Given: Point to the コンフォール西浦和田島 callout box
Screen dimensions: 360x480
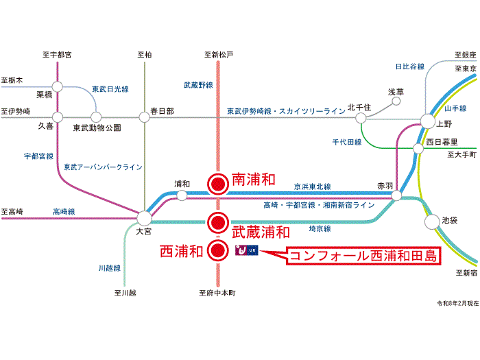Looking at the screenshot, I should pyautogui.click(x=363, y=256).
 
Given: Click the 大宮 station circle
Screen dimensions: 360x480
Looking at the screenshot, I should pyautogui.click(x=144, y=218).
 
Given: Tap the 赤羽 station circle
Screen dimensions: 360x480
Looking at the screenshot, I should pyautogui.click(x=396, y=196).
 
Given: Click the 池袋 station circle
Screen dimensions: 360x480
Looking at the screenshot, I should pyautogui.click(x=431, y=221).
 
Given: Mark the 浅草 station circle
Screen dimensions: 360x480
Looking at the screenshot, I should pyautogui.click(x=396, y=101).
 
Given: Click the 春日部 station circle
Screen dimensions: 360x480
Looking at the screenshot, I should pyautogui.click(x=144, y=117).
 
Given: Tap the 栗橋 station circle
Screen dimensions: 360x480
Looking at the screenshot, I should pyautogui.click(x=58, y=86).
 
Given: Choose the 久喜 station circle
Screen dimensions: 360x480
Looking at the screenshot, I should pyautogui.click(x=58, y=117).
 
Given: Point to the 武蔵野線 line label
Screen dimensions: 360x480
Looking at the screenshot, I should pyautogui.click(x=198, y=86).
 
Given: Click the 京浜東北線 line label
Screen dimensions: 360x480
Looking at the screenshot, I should pyautogui.click(x=312, y=187).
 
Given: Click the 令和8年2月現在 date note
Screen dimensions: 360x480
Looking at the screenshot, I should pyautogui.click(x=455, y=302).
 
